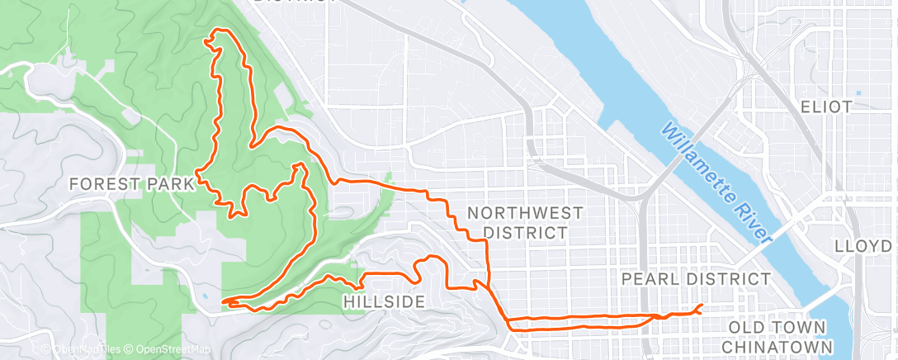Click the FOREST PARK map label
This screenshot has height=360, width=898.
click(132, 184)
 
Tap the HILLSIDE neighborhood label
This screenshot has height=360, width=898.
click(385, 302)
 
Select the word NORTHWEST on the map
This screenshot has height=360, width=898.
click(525, 213)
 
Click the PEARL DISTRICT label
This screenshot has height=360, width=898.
click(695, 279)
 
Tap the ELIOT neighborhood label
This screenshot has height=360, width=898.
click(825, 107)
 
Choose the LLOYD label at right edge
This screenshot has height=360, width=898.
click(863, 246)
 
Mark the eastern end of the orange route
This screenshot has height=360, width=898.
click(701, 306)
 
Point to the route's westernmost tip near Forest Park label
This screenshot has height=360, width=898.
click(196, 176)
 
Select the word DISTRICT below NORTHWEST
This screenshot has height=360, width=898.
click(525, 233)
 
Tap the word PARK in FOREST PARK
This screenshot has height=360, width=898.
click(170, 184)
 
